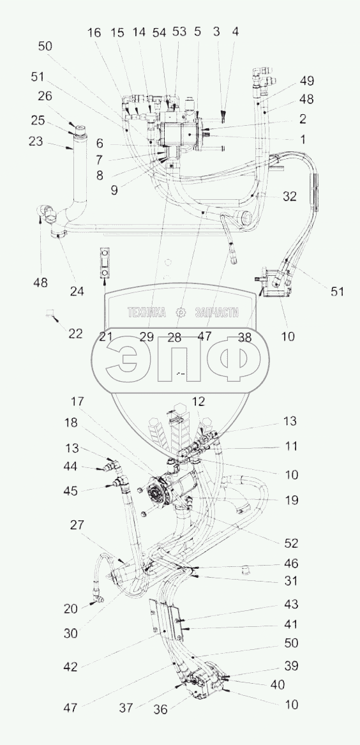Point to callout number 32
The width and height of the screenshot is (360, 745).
(x=289, y=195)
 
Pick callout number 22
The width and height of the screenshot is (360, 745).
(x=75, y=334)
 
